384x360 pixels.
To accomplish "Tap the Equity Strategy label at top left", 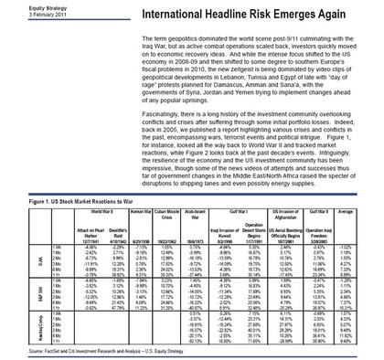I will point(22,7).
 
